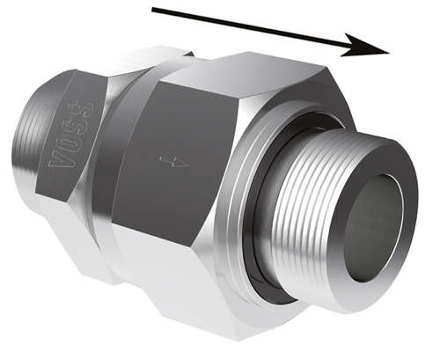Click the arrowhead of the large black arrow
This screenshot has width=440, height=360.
(x=367, y=47)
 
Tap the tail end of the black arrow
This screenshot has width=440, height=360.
(x=152, y=10)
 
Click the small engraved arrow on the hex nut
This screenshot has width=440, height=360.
(x=173, y=161)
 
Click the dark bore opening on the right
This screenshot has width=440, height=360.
(x=373, y=226)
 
